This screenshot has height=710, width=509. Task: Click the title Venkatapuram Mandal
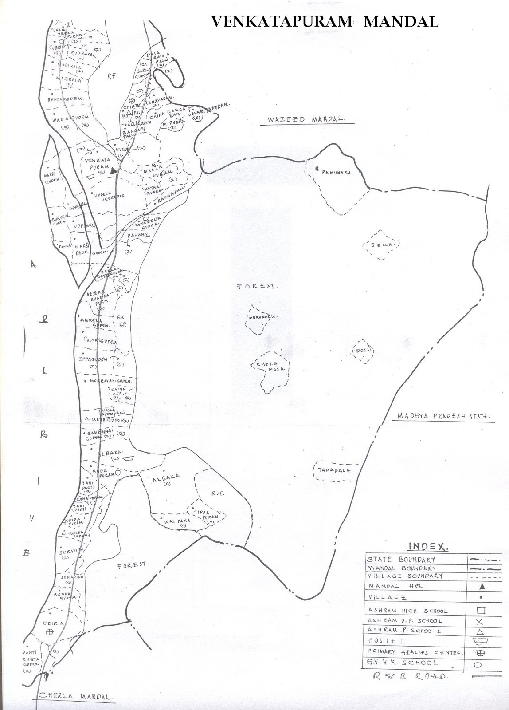click(325, 21)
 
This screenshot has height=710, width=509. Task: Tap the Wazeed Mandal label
click(305, 120)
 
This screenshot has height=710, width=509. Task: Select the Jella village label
click(382, 245)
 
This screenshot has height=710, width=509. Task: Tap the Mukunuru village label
click(262, 317)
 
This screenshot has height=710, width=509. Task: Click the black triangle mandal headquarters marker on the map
click(114, 170)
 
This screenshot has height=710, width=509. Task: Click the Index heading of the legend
click(428, 546)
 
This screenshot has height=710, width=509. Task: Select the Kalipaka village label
click(178, 521)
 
